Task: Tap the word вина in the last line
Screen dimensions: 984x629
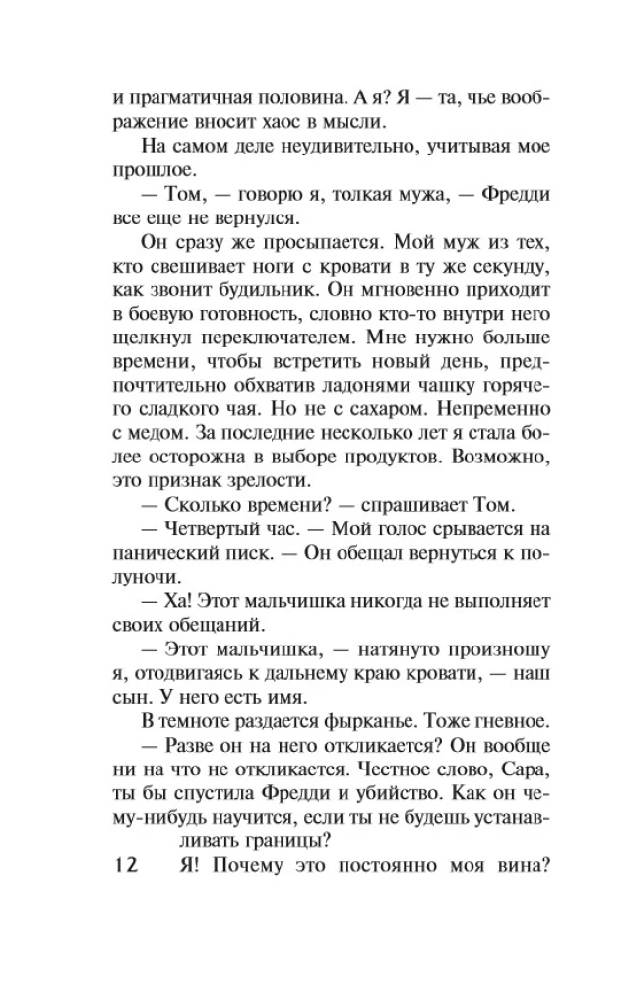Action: point(503,867)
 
